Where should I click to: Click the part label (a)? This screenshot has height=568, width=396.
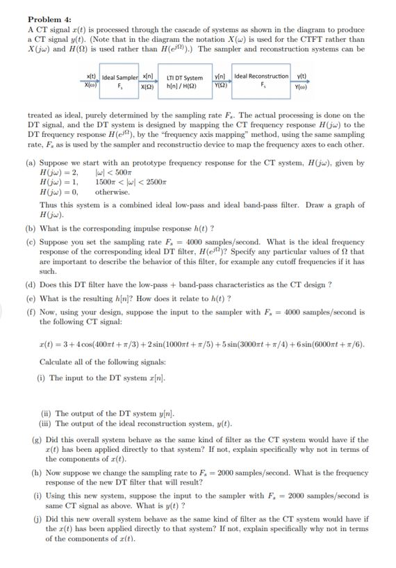[31, 163]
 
